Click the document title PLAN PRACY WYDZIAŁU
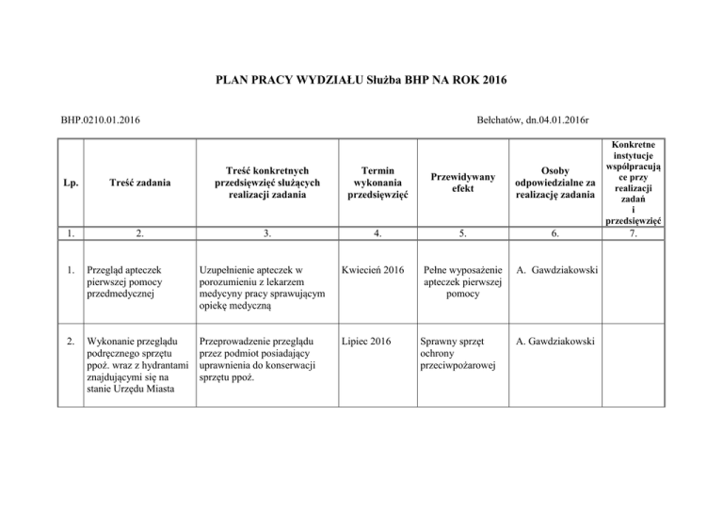[x=361, y=81]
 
